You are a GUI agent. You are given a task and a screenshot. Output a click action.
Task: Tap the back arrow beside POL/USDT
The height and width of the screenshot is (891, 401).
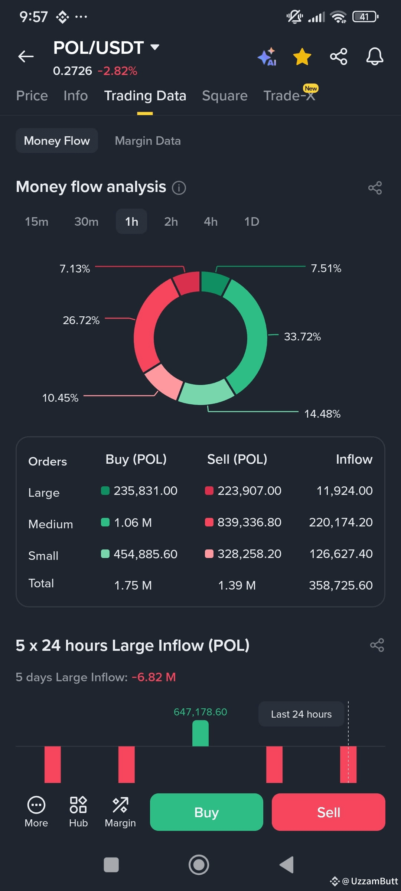(x=26, y=56)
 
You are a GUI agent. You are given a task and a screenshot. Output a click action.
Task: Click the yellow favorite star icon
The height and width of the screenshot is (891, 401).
(x=302, y=56)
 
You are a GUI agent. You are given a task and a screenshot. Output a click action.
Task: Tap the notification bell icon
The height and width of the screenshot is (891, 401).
(x=375, y=56)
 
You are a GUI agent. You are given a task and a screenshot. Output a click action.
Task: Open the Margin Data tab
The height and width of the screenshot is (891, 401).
(x=148, y=141)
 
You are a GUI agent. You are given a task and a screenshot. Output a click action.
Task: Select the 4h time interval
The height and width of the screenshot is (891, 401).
(x=211, y=222)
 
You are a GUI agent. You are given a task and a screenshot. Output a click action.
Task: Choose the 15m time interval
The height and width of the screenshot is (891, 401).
(x=36, y=222)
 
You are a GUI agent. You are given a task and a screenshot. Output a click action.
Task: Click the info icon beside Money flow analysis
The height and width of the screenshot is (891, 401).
(x=179, y=188)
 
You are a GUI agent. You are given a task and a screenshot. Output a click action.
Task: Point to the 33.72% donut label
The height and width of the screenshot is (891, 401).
(x=302, y=337)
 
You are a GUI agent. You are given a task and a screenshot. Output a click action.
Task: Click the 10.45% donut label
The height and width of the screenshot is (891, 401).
(x=60, y=398)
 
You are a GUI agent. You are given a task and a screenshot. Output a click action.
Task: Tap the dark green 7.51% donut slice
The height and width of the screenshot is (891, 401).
(x=214, y=283)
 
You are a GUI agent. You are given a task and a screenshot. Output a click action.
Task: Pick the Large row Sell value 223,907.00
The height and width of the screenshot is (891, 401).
(x=249, y=491)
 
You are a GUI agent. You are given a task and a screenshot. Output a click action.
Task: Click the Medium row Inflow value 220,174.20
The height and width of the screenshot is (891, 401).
(x=341, y=522)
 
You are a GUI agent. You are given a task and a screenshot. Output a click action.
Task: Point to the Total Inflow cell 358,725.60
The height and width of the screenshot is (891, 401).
(x=341, y=585)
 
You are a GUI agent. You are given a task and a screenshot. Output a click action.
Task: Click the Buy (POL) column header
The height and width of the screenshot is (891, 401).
(x=136, y=460)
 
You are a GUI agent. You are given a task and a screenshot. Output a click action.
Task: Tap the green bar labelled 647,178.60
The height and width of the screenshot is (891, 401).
(x=200, y=733)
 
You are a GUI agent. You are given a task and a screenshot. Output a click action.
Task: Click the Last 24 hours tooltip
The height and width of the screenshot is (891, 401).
(x=301, y=714)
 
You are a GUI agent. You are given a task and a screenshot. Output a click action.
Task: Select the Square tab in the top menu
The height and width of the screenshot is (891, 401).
(x=225, y=96)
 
